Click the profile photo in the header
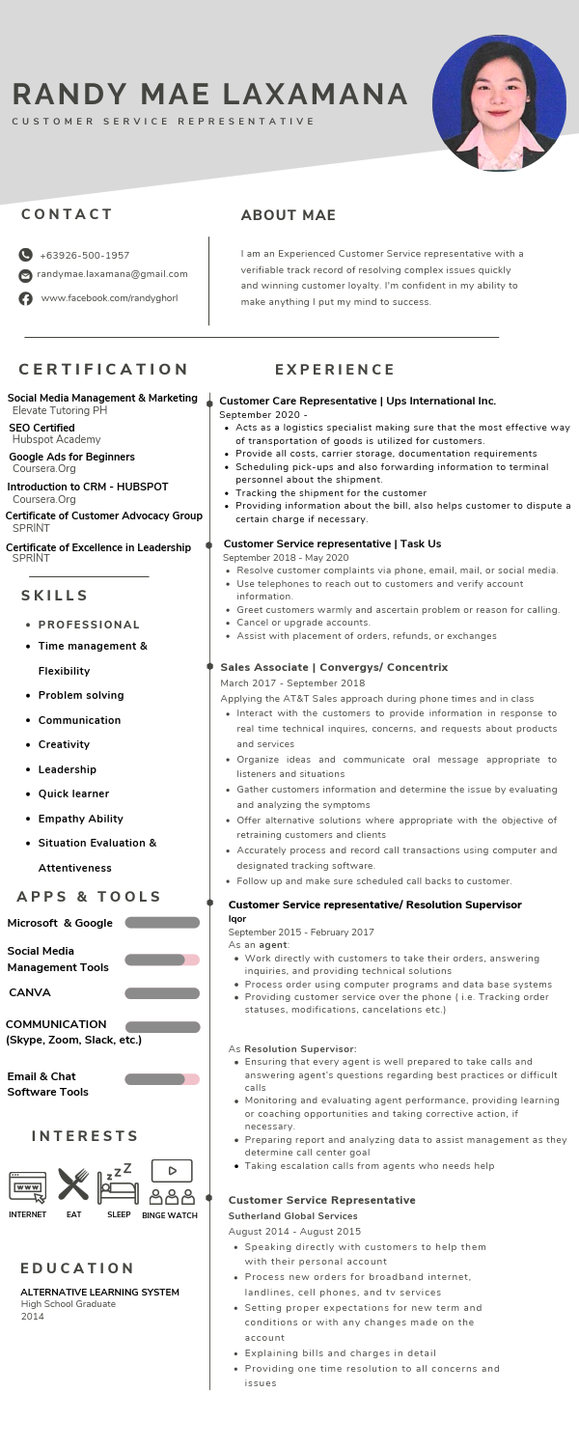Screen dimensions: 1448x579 click(x=499, y=104)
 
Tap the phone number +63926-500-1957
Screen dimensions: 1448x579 click(x=84, y=256)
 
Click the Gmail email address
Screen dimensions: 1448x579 click(x=112, y=274)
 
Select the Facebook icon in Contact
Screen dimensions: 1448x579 click(x=26, y=298)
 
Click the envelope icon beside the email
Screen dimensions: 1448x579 click(x=26, y=275)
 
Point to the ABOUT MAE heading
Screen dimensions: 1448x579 click(x=288, y=215)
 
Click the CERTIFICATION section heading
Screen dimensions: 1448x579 click(x=104, y=369)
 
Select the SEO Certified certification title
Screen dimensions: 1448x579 click(x=41, y=428)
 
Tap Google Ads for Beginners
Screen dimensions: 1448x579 click(x=71, y=457)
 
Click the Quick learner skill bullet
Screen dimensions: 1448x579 click(x=73, y=794)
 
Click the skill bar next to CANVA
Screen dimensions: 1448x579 click(x=162, y=993)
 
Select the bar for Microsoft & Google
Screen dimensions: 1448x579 click(x=162, y=923)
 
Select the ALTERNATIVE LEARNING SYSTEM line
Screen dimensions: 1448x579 click(x=99, y=1292)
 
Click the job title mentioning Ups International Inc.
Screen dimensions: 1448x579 click(x=357, y=401)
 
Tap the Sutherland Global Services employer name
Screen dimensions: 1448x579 click(x=292, y=1215)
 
